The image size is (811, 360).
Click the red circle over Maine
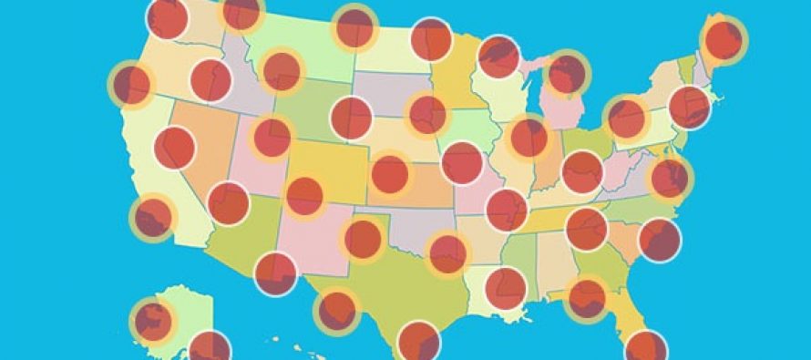tap(724, 39)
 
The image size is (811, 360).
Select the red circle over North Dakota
tap(354, 27)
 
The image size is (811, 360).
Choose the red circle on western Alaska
tap(152, 320)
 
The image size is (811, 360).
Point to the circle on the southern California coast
tap(152, 217)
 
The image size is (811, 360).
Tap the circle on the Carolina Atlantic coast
tap(660, 241)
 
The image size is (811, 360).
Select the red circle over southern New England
tap(689, 108)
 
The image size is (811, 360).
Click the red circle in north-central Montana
tap(241, 11)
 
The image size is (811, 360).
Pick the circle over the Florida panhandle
tap(586, 297)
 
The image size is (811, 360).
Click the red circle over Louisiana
tap(505, 288)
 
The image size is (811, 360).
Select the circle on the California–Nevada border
tap(175, 148)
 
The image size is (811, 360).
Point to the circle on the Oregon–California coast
tap(132, 85)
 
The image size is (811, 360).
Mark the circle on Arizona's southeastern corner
tap(275, 273)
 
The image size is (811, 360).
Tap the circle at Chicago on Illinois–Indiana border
tap(529, 138)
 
